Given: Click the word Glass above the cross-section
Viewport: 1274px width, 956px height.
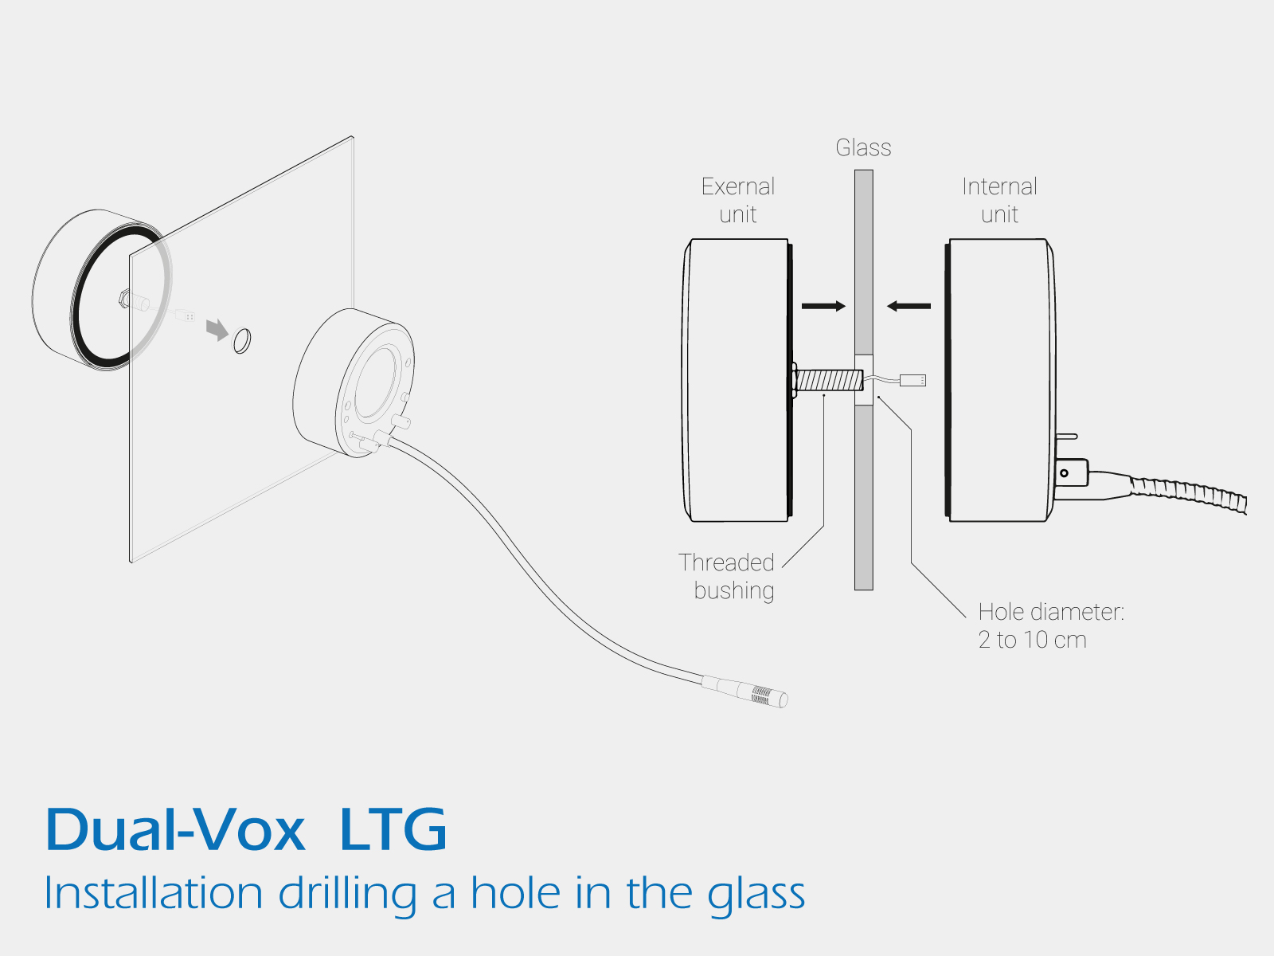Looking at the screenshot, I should pos(863,147).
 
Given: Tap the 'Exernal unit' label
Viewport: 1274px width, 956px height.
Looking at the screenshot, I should pos(738,200).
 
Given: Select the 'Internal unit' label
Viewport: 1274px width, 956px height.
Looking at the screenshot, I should pos(999,200).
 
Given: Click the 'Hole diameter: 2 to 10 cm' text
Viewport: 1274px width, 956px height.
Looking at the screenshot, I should pos(1049,625).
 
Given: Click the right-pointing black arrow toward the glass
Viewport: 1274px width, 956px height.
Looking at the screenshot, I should pos(823,306).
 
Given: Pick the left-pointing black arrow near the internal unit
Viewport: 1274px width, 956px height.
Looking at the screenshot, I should pos(909,306).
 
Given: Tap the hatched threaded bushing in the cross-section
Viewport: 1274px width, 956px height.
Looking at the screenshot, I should pos(828,380).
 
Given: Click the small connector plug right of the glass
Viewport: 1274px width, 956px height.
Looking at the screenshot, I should pos(913,380).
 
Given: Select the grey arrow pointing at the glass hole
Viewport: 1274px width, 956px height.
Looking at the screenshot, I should pos(217,328).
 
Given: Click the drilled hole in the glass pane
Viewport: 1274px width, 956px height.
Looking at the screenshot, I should pos(241,341).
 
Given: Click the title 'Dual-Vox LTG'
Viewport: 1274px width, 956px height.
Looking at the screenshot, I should pos(246,830).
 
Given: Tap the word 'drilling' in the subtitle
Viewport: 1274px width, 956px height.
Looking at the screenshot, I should pos(347,894).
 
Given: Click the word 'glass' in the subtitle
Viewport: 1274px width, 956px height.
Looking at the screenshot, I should pos(756,894).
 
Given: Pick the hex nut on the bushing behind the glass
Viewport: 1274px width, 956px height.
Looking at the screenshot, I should pos(124,299).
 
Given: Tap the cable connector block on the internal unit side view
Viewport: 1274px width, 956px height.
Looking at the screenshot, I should pos(1071,472).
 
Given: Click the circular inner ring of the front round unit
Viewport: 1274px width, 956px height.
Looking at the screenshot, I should pos(374,383).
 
